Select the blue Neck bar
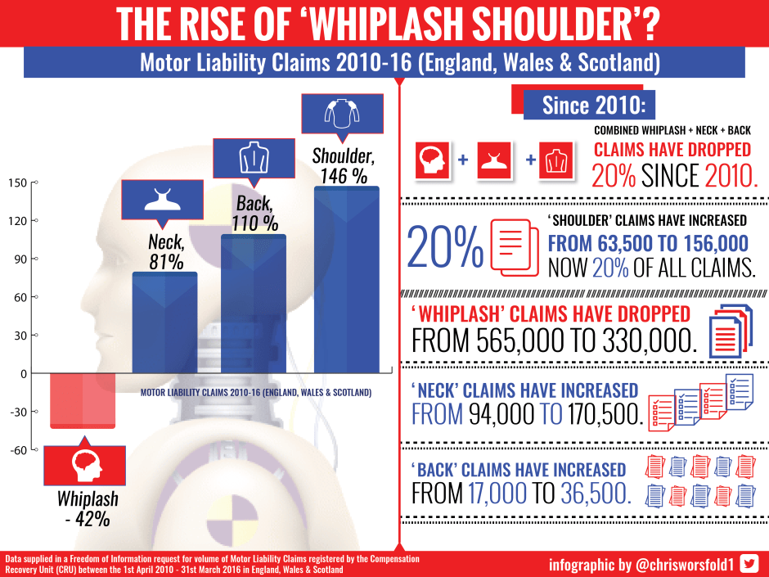coord(164,322)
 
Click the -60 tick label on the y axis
coord(16,450)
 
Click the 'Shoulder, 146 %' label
coord(344,165)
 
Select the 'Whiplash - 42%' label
coord(88,507)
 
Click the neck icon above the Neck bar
coord(162,200)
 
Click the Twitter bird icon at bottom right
coord(749,563)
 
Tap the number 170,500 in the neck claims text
coord(605,415)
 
